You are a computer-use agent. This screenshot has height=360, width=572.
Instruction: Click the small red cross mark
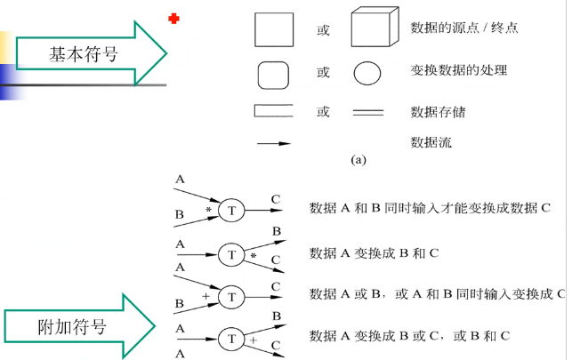pos(173,19)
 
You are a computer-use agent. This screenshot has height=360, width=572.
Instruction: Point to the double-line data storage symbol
pos(368,113)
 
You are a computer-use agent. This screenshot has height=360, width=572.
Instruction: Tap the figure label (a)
pos(359,161)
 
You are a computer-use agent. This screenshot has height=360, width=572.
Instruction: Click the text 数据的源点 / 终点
pos(464,29)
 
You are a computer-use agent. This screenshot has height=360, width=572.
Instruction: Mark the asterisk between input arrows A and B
pos(208,211)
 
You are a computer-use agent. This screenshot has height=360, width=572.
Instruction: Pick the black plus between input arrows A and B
pos(205,294)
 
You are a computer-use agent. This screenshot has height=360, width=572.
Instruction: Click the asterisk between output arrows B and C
pos(253,257)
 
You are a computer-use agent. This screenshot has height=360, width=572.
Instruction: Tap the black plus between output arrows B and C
pos(253,340)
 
